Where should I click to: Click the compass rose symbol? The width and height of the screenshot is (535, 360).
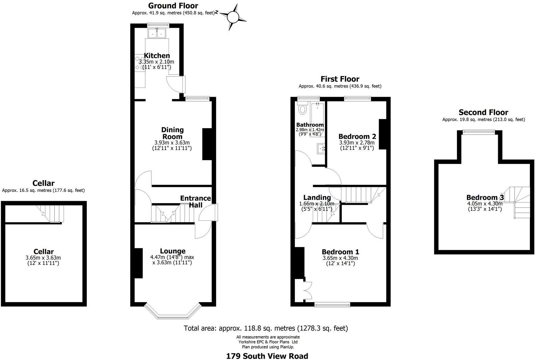tap(233, 17)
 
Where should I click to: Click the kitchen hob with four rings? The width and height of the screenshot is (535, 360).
tap(139, 64)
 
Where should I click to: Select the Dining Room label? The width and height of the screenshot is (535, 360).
tap(172, 133)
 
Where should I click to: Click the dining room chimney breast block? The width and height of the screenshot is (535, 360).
tap(207, 144)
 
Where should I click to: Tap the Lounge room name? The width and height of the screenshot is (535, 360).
tap(173, 251)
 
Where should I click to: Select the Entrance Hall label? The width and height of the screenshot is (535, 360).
tap(196, 201)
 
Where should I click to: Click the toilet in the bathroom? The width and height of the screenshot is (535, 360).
tap(302, 109)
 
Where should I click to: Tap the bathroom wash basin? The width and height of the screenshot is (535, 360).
tap(321, 148)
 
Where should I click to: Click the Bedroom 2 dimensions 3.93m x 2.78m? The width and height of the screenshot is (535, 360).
tap(357, 143)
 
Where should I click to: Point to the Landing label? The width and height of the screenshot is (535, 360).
tap(317, 197)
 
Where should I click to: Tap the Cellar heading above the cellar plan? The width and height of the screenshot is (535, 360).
tap(43, 183)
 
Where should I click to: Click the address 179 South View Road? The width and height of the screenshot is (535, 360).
tap(267, 356)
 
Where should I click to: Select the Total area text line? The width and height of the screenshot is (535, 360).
tap(266, 328)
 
